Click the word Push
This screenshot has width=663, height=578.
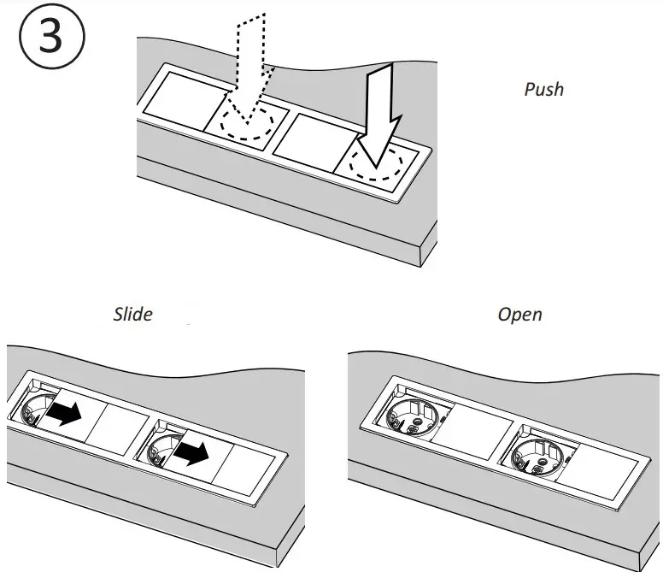[543, 89]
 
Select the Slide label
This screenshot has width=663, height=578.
[133, 314]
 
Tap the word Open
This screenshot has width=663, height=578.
[519, 315]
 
